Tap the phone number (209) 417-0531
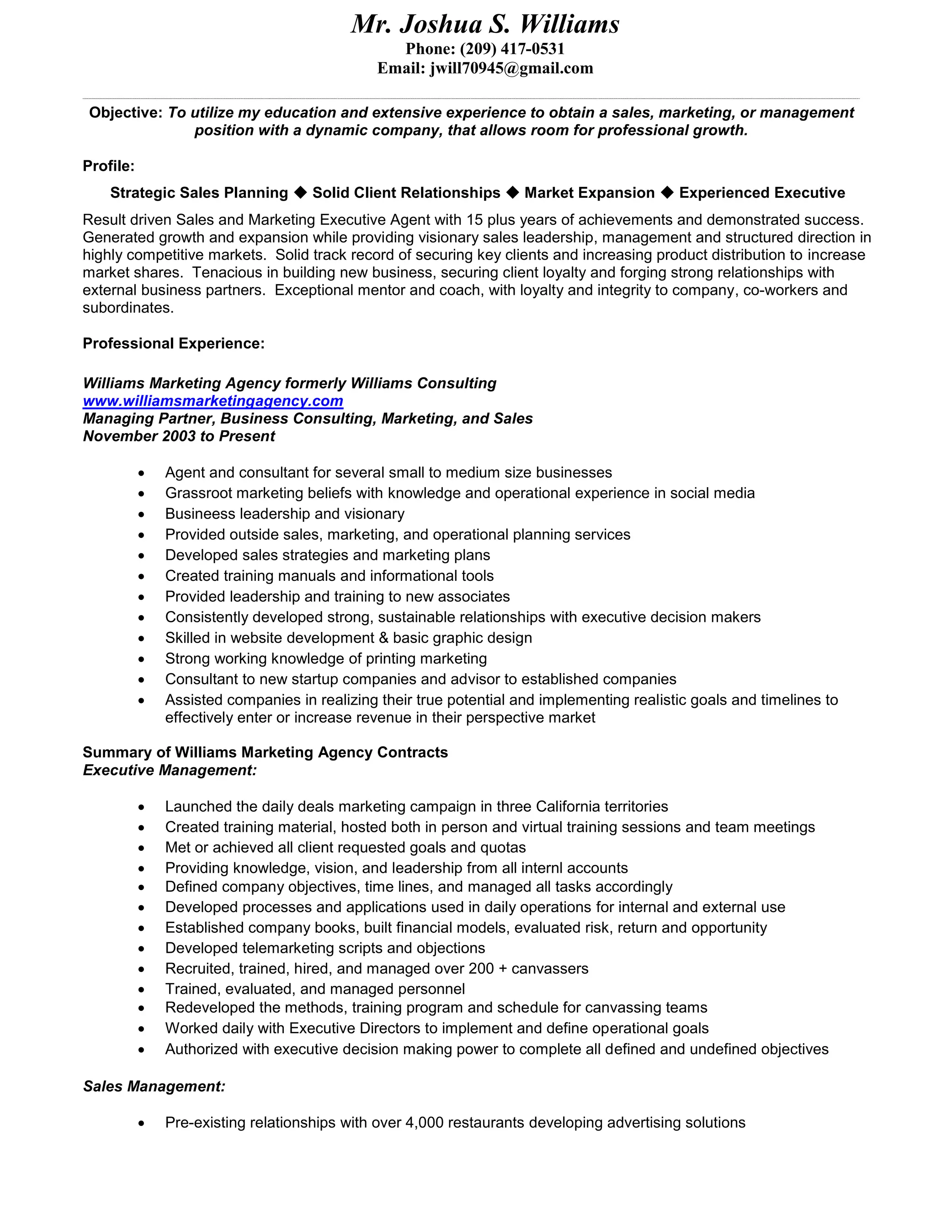pyautogui.click(x=512, y=49)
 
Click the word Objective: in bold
pyautogui.click(x=125, y=112)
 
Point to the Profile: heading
pyautogui.click(x=109, y=166)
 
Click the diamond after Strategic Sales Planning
pyautogui.click(x=300, y=192)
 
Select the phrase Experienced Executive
pyautogui.click(x=762, y=192)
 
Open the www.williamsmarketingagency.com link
pyautogui.click(x=213, y=401)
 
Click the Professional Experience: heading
pyautogui.click(x=174, y=343)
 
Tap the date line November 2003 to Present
pyautogui.click(x=179, y=436)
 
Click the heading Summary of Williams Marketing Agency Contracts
pyautogui.click(x=265, y=753)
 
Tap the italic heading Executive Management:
pyautogui.click(x=170, y=770)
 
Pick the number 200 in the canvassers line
pyautogui.click(x=481, y=969)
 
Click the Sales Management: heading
pyautogui.click(x=154, y=1086)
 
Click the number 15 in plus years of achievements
pyautogui.click(x=475, y=220)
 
